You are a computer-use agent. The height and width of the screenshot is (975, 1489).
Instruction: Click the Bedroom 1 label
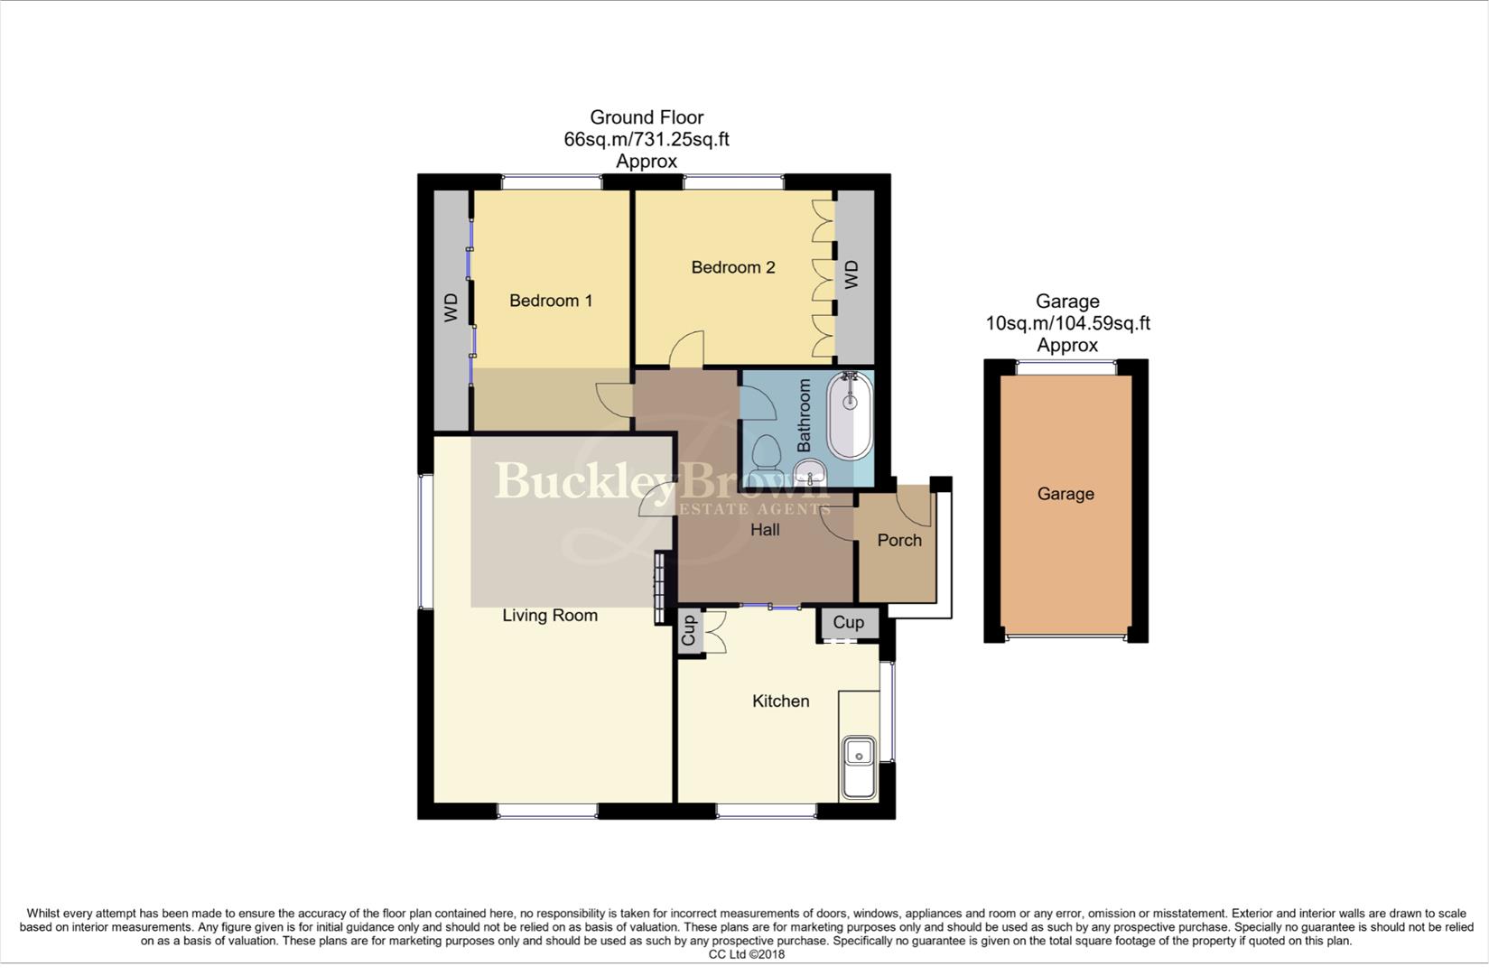point(551,301)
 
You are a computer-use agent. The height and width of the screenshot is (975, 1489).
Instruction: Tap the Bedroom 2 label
point(732,267)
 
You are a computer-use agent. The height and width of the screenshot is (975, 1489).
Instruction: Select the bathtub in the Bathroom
point(850,416)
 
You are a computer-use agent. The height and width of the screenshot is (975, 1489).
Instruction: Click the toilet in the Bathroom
point(767,450)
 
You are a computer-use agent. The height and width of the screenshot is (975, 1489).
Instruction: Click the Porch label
point(899,540)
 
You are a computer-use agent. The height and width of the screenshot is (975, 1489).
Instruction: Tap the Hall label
point(765,530)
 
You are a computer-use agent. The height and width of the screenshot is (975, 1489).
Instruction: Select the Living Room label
point(549,616)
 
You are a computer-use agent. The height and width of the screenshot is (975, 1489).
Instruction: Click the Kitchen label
point(780,701)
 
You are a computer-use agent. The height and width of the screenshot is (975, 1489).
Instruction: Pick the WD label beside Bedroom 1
point(451,308)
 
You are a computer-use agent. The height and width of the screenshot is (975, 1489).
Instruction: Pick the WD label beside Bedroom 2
point(852,274)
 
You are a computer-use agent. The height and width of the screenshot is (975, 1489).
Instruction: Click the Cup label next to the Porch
point(848,622)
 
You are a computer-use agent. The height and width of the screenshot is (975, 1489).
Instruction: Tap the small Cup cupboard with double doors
point(690,631)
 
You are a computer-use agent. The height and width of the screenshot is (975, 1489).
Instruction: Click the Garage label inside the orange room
point(1066,494)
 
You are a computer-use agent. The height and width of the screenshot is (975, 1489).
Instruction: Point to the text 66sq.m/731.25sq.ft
point(647,140)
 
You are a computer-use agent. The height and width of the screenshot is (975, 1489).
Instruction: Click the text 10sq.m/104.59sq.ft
point(1067,323)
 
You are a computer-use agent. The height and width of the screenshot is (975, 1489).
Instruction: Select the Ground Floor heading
point(647,117)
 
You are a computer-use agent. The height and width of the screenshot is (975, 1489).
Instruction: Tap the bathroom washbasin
point(809,470)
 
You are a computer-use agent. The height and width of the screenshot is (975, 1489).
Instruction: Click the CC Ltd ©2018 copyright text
point(746,954)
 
